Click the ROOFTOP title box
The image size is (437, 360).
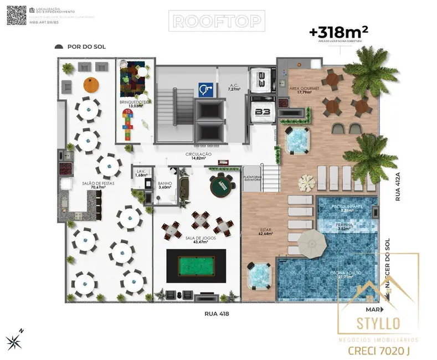[x=218, y=21]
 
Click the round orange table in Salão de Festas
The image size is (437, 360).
[x=91, y=85]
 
